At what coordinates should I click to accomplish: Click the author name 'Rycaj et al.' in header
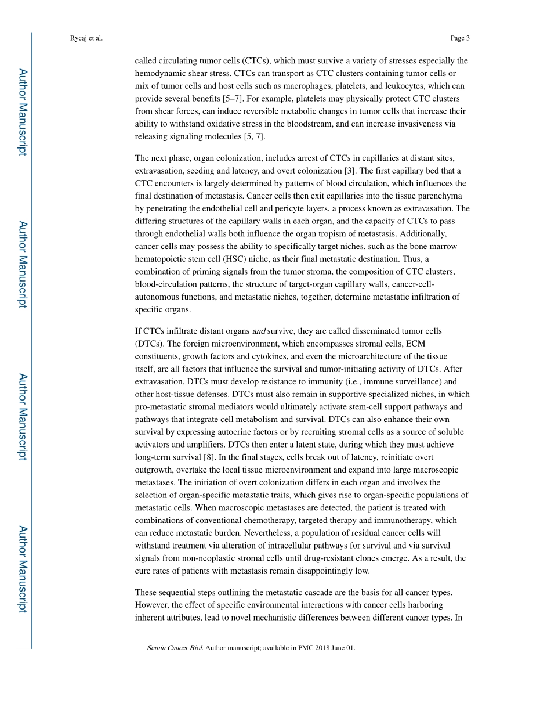[x=86, y=38]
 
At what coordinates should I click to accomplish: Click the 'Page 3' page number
[x=459, y=38]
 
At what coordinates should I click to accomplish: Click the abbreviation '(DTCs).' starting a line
[x=149, y=344]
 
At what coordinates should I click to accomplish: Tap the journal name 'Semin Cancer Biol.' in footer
[x=175, y=648]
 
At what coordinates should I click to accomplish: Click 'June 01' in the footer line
[x=341, y=648]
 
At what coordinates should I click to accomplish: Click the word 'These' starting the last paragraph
[x=146, y=593]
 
